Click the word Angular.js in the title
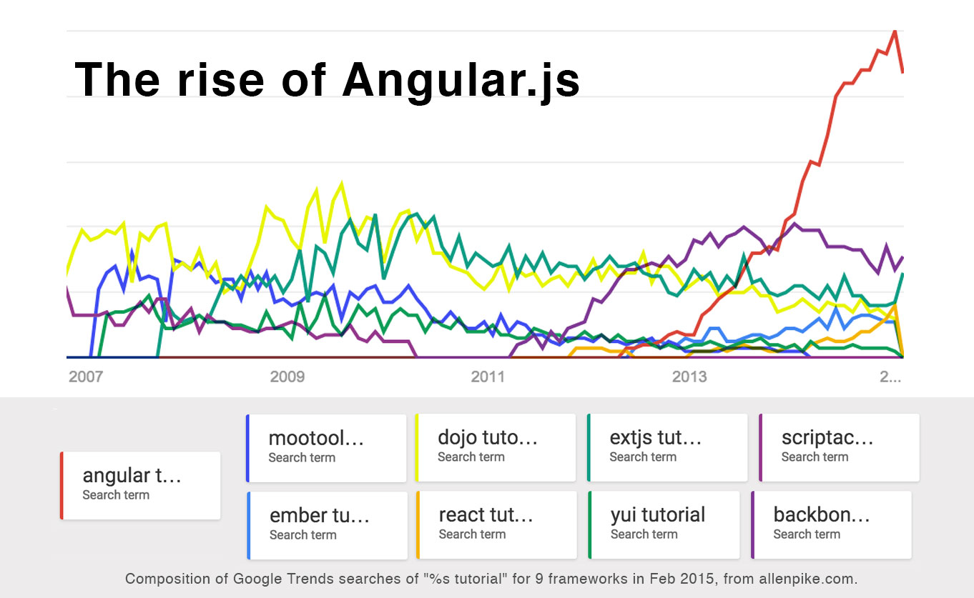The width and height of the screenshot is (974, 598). pos(461,80)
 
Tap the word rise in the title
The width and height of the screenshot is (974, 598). pos(217,80)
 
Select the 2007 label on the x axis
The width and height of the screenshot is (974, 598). pos(85,377)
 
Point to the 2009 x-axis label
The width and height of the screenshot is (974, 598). pos(287,377)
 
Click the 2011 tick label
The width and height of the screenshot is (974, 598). pos(488,377)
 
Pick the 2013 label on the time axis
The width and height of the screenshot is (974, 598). pos(689,377)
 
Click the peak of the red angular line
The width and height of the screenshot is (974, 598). pos(894,31)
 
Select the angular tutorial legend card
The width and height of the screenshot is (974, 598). pos(141,485)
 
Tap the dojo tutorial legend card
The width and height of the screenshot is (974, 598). pos(496,447)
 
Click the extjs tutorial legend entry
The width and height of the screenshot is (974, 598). pos(667,447)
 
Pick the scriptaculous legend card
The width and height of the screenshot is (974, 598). pos(839,447)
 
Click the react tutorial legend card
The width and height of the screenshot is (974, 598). pos(496,524)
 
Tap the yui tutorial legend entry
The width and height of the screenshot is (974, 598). pos(664,524)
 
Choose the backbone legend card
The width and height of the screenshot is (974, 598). pos(831,524)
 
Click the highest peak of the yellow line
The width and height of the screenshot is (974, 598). pos(342,183)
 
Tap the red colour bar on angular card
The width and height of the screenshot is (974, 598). pos(62,485)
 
